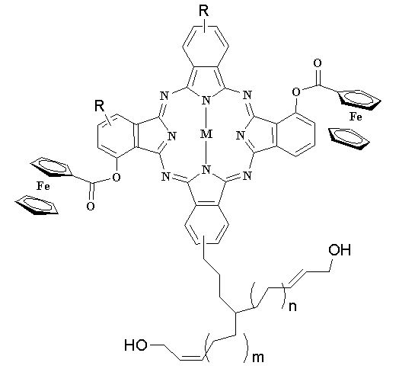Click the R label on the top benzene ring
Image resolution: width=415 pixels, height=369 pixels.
point(204,11)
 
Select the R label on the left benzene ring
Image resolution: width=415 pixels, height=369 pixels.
point(100,106)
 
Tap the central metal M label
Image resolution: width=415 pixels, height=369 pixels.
point(206,134)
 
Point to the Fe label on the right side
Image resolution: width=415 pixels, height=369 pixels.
point(356,117)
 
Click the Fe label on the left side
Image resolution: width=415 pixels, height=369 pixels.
point(43,186)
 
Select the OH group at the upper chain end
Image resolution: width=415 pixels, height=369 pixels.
point(340,250)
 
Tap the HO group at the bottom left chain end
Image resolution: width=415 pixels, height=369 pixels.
point(136,345)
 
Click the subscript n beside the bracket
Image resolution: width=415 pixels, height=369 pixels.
point(292,306)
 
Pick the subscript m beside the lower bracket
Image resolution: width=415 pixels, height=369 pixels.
point(258,358)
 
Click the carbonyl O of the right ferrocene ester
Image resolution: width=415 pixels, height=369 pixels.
point(318,63)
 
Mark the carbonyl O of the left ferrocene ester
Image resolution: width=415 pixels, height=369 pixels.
point(91,207)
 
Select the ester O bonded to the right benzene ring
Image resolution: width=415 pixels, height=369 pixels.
point(296,92)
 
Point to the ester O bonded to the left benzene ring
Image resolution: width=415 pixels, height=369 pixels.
point(117,177)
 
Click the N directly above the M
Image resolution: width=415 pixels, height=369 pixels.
point(206,101)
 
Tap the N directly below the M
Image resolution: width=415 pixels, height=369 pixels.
point(206,170)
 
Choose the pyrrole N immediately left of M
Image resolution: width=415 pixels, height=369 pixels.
point(172,136)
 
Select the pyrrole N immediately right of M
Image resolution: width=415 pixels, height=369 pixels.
point(241,136)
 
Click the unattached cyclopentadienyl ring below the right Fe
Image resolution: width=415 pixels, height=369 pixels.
point(349,139)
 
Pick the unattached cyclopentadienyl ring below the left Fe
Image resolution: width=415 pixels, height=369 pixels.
point(37,204)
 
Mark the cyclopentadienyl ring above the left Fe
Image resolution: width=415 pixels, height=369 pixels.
point(51,167)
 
